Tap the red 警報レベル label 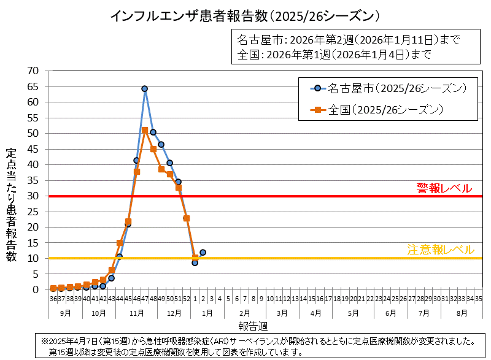coord(444,188)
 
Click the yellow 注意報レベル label coord(441,250)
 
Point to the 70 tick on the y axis coord(33,71)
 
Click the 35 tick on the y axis coord(33,180)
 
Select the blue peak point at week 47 coord(145,89)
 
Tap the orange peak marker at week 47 coord(145,130)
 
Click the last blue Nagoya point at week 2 coord(203,252)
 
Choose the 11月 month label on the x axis coord(137,313)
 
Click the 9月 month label coord(65,313)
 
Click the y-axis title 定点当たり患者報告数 coord(11,205)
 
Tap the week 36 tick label coord(53,299)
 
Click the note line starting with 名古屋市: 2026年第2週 coord(348,40)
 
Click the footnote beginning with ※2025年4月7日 coord(258,341)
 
